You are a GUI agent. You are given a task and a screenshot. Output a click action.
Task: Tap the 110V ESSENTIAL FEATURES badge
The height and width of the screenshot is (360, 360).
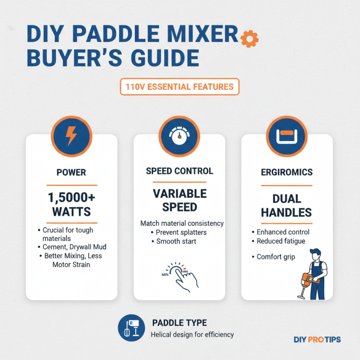tap(180, 87)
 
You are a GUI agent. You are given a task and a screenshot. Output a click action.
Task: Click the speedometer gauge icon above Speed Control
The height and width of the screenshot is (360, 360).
tap(180, 134)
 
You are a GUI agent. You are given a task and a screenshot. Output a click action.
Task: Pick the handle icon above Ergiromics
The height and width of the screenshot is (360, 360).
tap(287, 134)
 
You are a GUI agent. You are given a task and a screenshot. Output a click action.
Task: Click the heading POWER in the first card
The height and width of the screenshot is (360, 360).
tap(72, 172)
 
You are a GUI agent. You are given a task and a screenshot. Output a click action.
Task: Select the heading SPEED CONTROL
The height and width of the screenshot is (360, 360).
tap(180, 171)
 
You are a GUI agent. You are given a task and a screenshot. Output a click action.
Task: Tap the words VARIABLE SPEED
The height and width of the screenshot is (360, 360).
tap(180, 200)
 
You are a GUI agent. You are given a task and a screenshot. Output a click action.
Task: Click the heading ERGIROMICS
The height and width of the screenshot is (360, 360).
tap(287, 172)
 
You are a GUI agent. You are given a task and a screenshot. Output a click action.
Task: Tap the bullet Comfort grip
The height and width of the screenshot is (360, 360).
tap(275, 257)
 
